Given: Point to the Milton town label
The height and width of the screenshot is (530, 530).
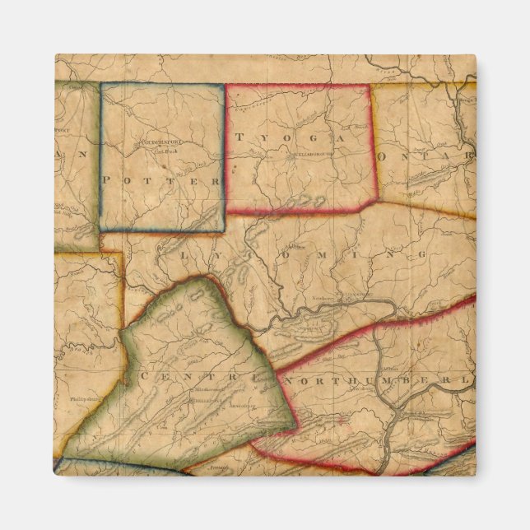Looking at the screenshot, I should point(393,346).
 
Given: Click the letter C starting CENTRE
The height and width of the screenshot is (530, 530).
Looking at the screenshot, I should point(146,375).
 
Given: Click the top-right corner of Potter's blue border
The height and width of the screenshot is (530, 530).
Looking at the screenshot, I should point(224,83).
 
